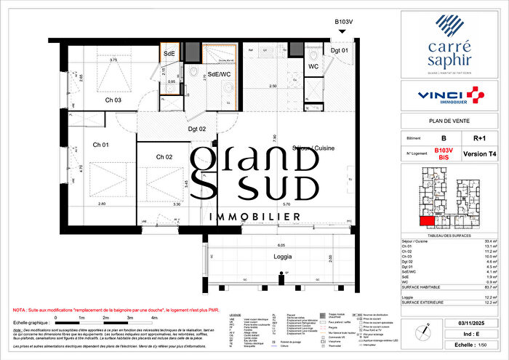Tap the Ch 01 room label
point(100,145)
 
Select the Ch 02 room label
point(164,157)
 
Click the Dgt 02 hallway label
point(199,129)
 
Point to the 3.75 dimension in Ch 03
point(113,60)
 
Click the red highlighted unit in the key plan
point(426,221)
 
